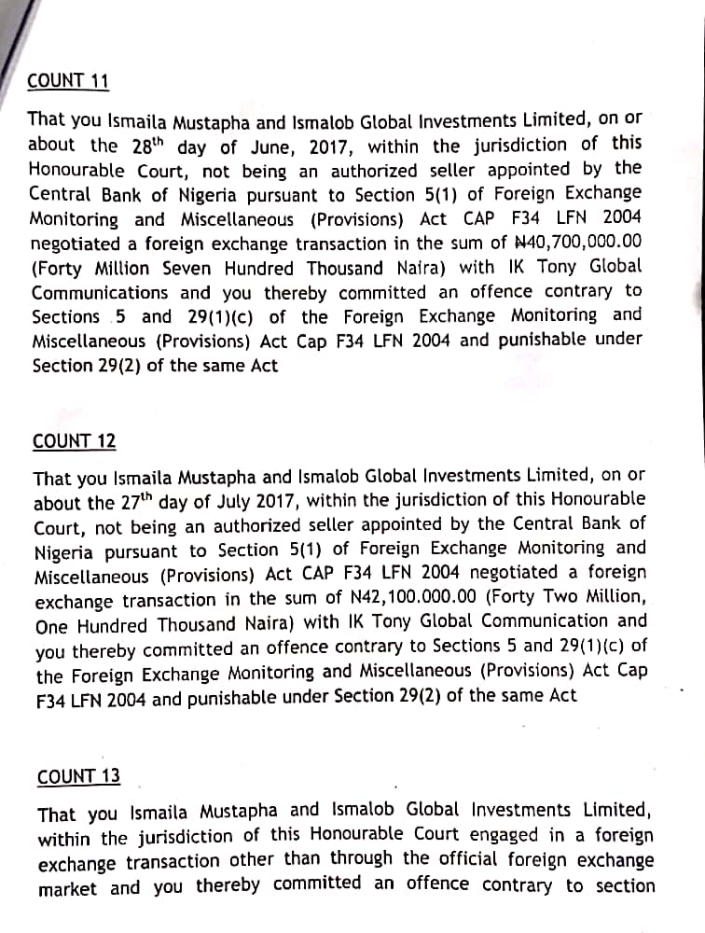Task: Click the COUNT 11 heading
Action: point(68,81)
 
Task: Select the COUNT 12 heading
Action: point(75,441)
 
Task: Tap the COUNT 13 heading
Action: point(78,777)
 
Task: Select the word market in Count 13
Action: point(67,888)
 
